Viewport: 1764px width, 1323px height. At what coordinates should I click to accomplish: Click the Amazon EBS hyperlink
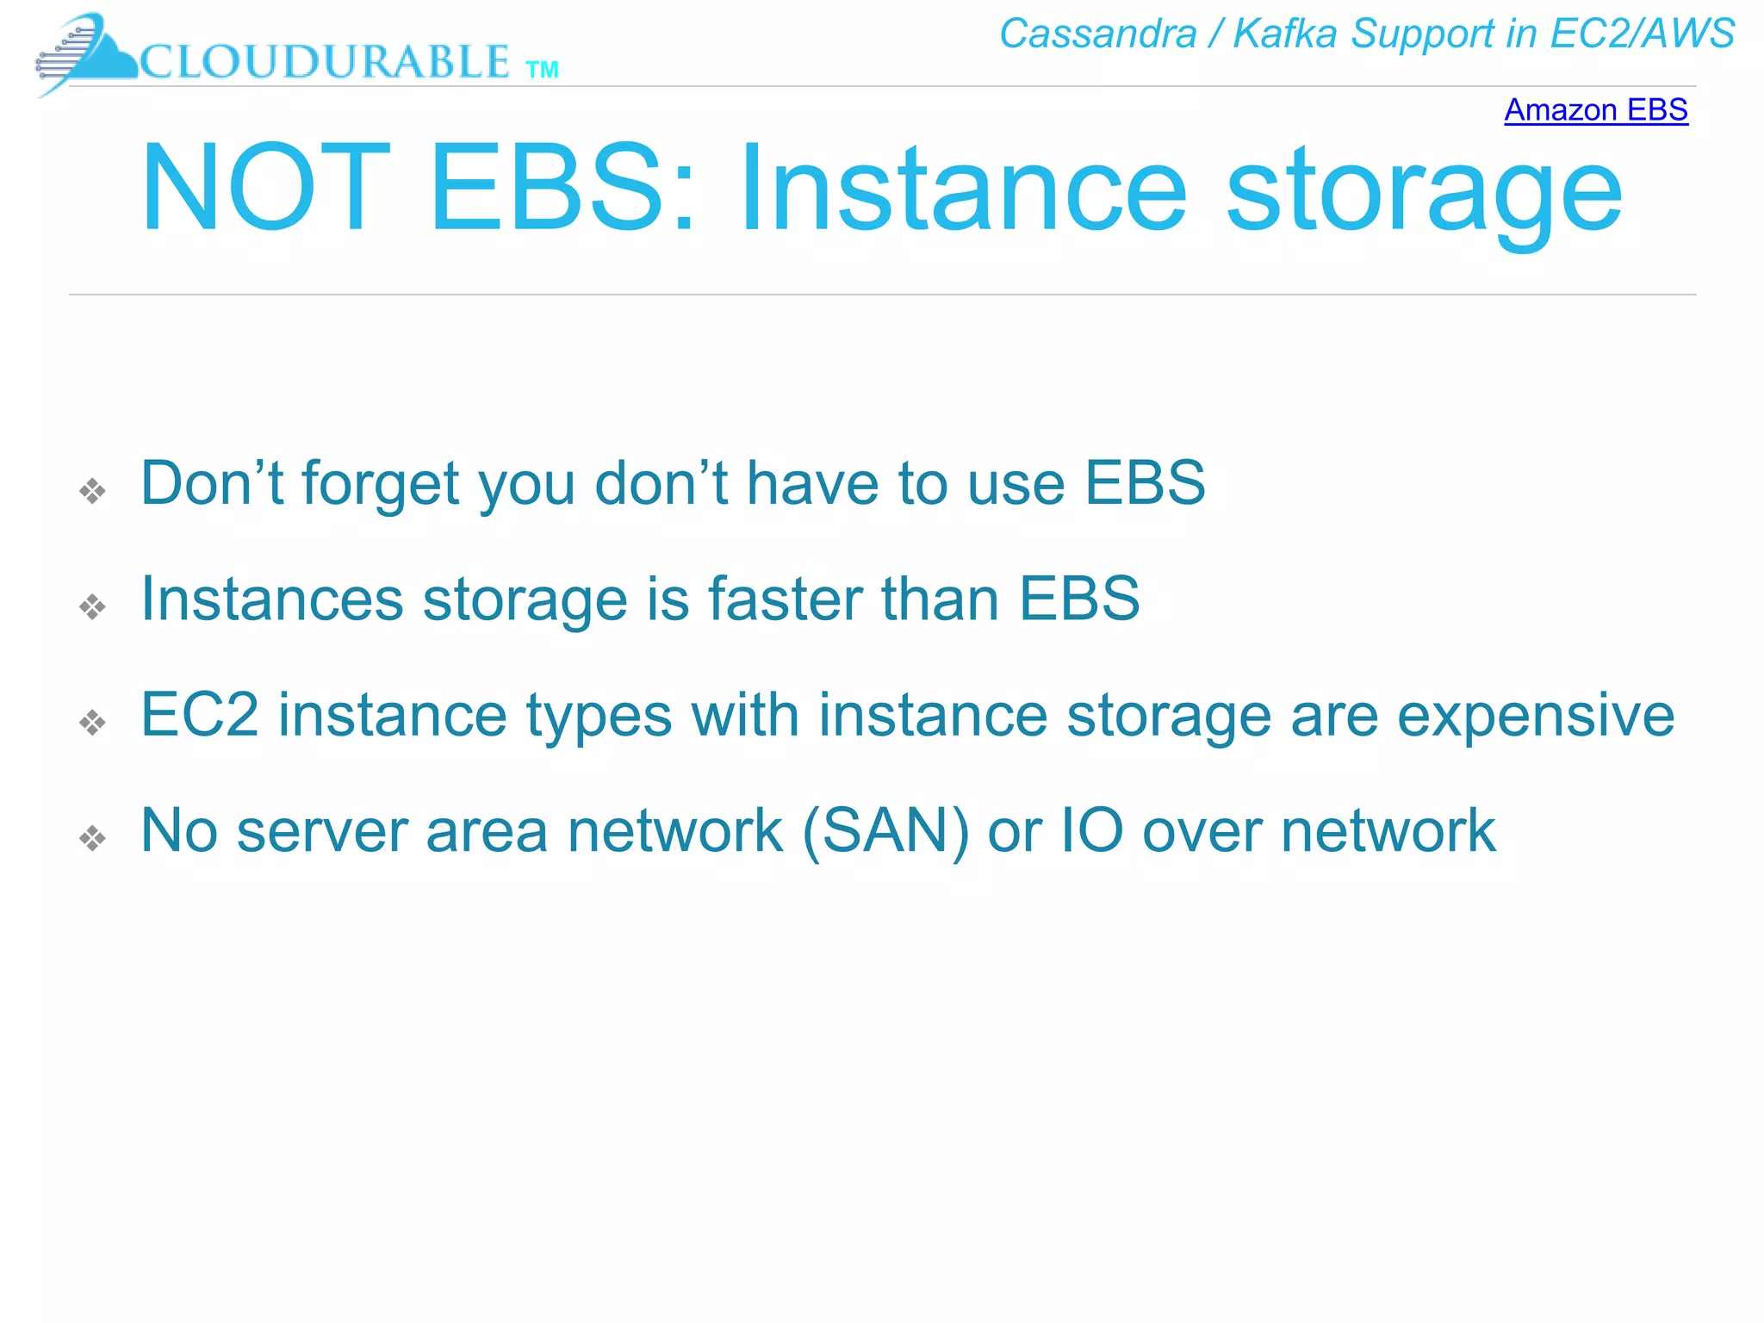(1595, 110)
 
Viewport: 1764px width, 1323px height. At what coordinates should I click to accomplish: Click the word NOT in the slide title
(265, 189)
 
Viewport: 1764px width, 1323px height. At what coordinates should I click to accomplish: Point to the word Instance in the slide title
(963, 189)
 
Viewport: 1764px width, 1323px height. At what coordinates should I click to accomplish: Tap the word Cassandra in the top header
(1097, 34)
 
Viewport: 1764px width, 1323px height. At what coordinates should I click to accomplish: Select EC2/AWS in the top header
(1642, 34)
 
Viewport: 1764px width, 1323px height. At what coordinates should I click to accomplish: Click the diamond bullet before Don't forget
(92, 491)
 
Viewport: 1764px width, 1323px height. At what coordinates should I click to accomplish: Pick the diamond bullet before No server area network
(92, 837)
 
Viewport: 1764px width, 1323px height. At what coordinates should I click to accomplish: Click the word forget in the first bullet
(380, 485)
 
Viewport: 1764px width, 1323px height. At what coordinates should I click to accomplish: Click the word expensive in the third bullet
(1535, 717)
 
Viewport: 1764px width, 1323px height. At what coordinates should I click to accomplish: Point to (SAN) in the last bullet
(885, 831)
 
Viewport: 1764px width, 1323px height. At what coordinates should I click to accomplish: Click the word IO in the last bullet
(1091, 831)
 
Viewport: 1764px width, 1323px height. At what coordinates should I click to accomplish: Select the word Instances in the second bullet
(271, 599)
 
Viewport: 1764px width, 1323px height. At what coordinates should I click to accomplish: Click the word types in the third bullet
(599, 717)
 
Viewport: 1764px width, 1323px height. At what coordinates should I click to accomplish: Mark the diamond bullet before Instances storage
(92, 607)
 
